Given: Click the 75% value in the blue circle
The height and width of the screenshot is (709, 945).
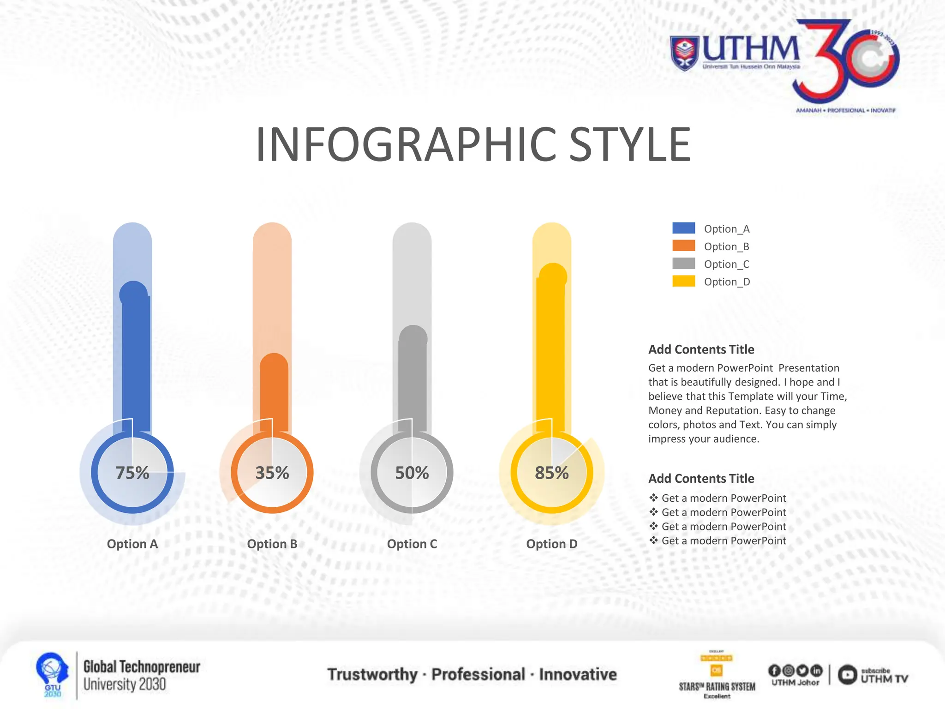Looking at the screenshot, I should point(132,473).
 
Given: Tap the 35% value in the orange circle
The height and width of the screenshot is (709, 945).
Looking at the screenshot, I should point(272,473).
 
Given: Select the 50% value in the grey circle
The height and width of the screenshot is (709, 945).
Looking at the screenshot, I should point(412,473).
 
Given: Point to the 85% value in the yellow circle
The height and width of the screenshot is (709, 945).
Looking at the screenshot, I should point(552,473).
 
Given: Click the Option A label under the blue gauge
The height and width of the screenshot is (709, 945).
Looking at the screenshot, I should point(132,544).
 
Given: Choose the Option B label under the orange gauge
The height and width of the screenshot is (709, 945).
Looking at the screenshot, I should point(272,544).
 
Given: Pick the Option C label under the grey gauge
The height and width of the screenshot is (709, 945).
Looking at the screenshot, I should point(412,544).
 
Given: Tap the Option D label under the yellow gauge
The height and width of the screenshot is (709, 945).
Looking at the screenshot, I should point(552,544).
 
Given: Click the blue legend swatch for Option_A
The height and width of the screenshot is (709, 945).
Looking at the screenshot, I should point(684,228).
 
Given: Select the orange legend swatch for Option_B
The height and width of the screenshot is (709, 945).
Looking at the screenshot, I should point(684,246).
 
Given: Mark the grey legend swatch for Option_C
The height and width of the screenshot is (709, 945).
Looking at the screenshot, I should point(684,263).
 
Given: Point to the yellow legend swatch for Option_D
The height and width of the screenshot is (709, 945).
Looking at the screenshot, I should point(684,281).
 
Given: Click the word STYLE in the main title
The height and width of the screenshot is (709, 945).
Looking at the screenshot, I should point(630,144).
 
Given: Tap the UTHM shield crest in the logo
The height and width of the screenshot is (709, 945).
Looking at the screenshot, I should point(684,53).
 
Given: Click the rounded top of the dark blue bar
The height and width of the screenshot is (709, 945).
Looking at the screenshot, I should point(134,293).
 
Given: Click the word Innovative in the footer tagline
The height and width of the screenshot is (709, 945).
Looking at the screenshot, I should point(578,674).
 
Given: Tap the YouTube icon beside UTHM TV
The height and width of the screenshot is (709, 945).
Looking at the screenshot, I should point(848,675).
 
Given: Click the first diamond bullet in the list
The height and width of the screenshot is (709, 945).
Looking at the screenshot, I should point(653,498).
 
